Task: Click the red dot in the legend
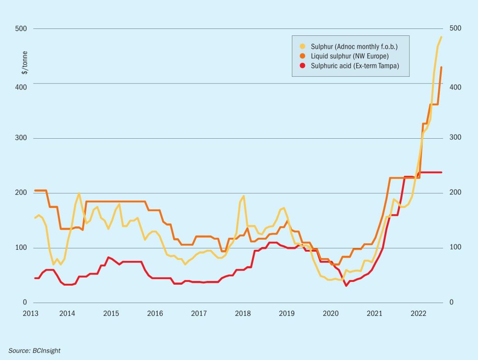(302, 66)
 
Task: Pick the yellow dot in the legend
(302, 46)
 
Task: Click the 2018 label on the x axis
(243, 314)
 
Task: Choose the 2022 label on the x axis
(418, 314)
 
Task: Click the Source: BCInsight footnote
(34, 350)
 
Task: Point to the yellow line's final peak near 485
(441, 37)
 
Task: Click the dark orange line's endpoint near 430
(441, 67)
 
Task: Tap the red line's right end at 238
(441, 172)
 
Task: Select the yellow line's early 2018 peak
(243, 196)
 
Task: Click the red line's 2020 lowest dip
(346, 286)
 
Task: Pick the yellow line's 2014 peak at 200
(79, 193)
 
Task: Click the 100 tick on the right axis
(455, 247)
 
